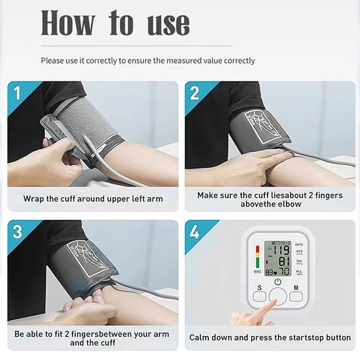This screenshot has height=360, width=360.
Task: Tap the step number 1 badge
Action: (17, 93)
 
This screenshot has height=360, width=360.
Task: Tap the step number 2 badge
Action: (194, 93)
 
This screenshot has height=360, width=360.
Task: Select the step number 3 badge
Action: (17, 232)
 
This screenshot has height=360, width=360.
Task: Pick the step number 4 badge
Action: (194, 232)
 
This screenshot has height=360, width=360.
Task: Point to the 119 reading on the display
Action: (280, 251)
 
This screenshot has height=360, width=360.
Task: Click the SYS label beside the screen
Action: (299, 252)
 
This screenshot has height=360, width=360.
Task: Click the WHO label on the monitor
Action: (257, 272)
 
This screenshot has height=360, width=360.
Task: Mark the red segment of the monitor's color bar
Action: (257, 249)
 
